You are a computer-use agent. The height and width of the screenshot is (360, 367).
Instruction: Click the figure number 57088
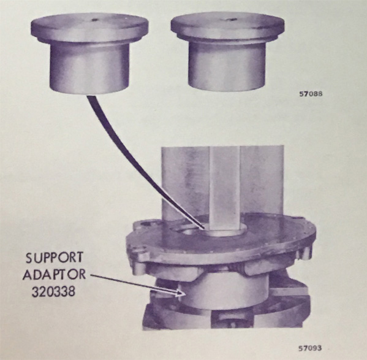click(311, 94)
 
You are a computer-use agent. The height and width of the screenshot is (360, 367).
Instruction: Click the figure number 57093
click(310, 348)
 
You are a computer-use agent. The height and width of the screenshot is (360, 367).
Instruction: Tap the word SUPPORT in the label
click(55, 258)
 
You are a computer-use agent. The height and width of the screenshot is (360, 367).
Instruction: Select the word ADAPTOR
click(54, 275)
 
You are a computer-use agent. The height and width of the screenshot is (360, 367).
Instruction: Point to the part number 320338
click(53, 291)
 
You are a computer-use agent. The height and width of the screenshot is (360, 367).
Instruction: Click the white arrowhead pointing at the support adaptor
click(181, 293)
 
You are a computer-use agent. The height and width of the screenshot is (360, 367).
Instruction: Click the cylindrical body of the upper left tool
click(89, 68)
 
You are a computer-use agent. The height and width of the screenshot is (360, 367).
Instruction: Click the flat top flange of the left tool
click(90, 28)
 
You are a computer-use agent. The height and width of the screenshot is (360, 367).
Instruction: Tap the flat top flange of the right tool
click(227, 27)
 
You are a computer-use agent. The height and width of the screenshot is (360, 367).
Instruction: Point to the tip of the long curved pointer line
click(203, 228)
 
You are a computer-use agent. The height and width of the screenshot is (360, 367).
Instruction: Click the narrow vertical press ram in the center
click(224, 188)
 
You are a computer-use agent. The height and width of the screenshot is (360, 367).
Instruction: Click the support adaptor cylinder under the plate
click(224, 291)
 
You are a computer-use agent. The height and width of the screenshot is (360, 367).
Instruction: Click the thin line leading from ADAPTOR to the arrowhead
click(134, 283)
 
